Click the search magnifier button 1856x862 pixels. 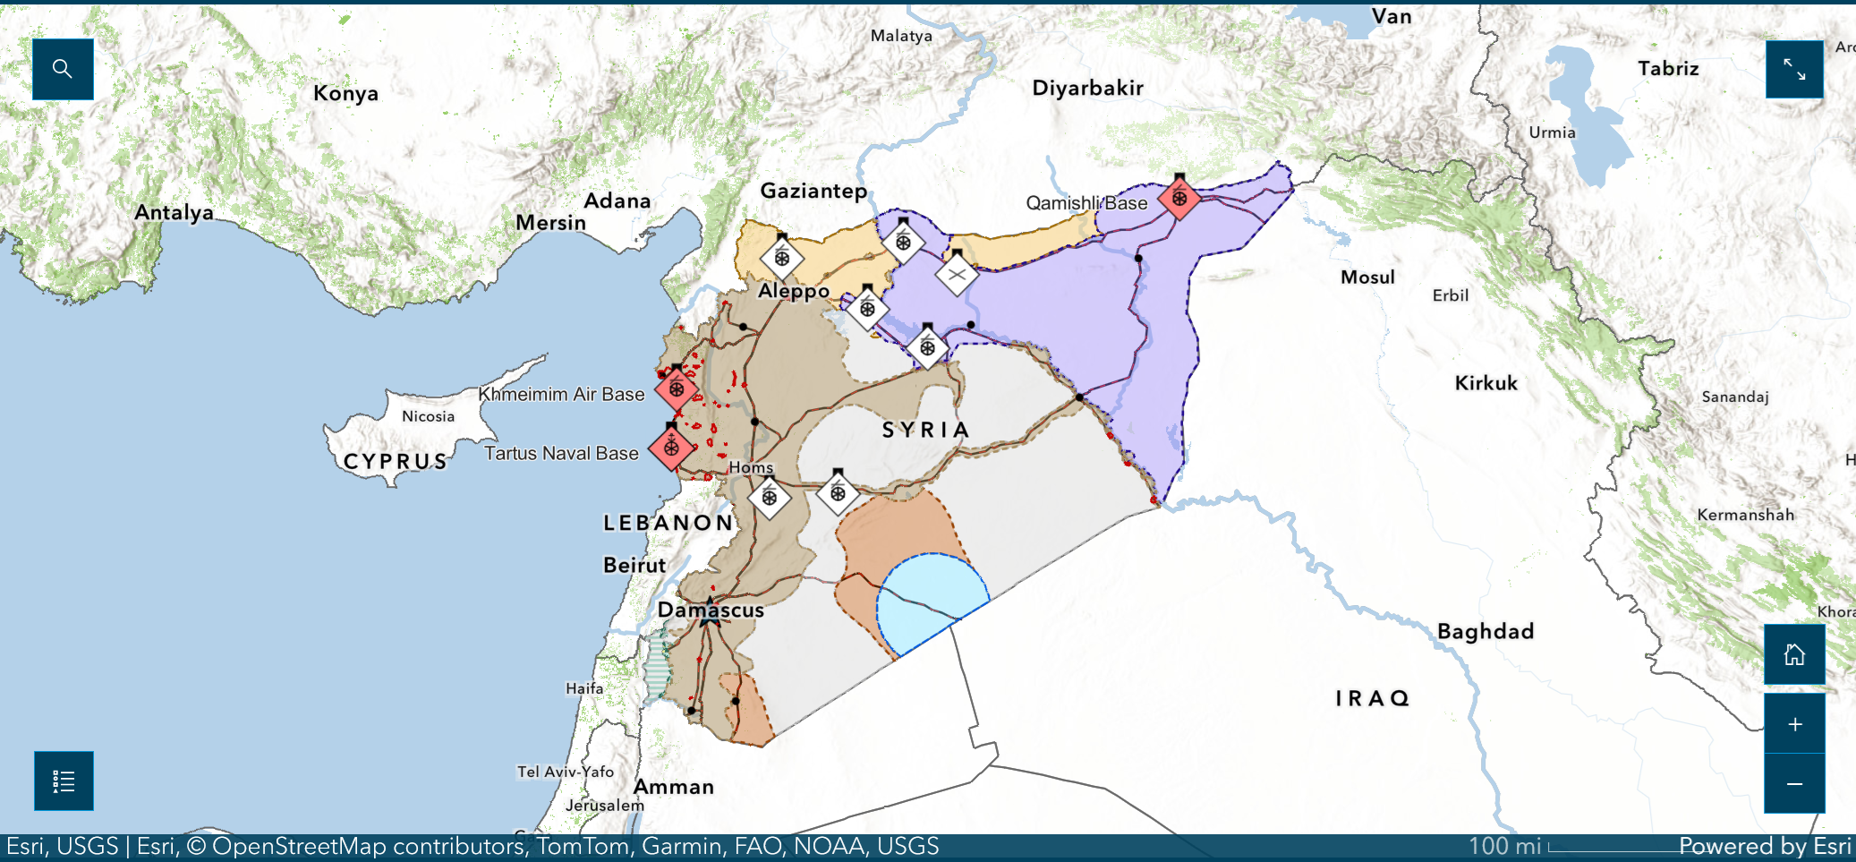63,69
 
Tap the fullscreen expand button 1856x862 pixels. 1794,69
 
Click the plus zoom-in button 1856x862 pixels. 1794,724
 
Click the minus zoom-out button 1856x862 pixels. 1794,784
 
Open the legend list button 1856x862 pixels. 64,781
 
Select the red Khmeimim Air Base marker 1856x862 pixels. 677,388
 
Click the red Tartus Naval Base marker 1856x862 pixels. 671,448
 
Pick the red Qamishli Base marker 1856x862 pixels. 1179,198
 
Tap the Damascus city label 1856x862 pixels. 711,610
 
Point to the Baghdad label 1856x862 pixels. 1486,631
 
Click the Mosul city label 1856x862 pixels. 1367,277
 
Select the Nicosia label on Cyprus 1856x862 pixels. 428,416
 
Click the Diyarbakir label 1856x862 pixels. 1087,88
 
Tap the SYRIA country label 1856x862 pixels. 925,431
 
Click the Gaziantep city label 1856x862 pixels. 813,191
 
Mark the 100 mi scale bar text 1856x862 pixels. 1504,846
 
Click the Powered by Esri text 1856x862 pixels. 1764,846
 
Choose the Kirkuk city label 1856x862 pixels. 1486,383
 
